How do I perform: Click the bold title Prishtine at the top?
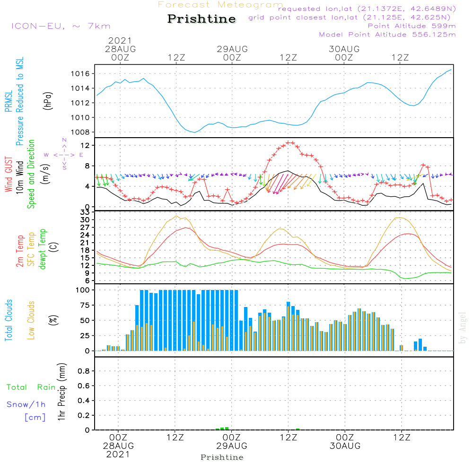[201, 19]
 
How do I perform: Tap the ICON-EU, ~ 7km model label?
[61, 26]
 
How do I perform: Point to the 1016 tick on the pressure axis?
[80, 74]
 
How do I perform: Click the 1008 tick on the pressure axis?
[80, 132]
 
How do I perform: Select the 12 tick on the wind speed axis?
[86, 145]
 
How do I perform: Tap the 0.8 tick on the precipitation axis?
[83, 371]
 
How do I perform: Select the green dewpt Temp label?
[43, 249]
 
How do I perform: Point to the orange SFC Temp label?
[31, 249]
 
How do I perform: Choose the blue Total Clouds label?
[9, 320]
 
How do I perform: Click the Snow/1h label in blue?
[26, 404]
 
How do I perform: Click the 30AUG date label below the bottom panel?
[345, 446]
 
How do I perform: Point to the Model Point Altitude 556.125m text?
[387, 35]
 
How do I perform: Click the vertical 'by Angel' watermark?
[463, 328]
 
